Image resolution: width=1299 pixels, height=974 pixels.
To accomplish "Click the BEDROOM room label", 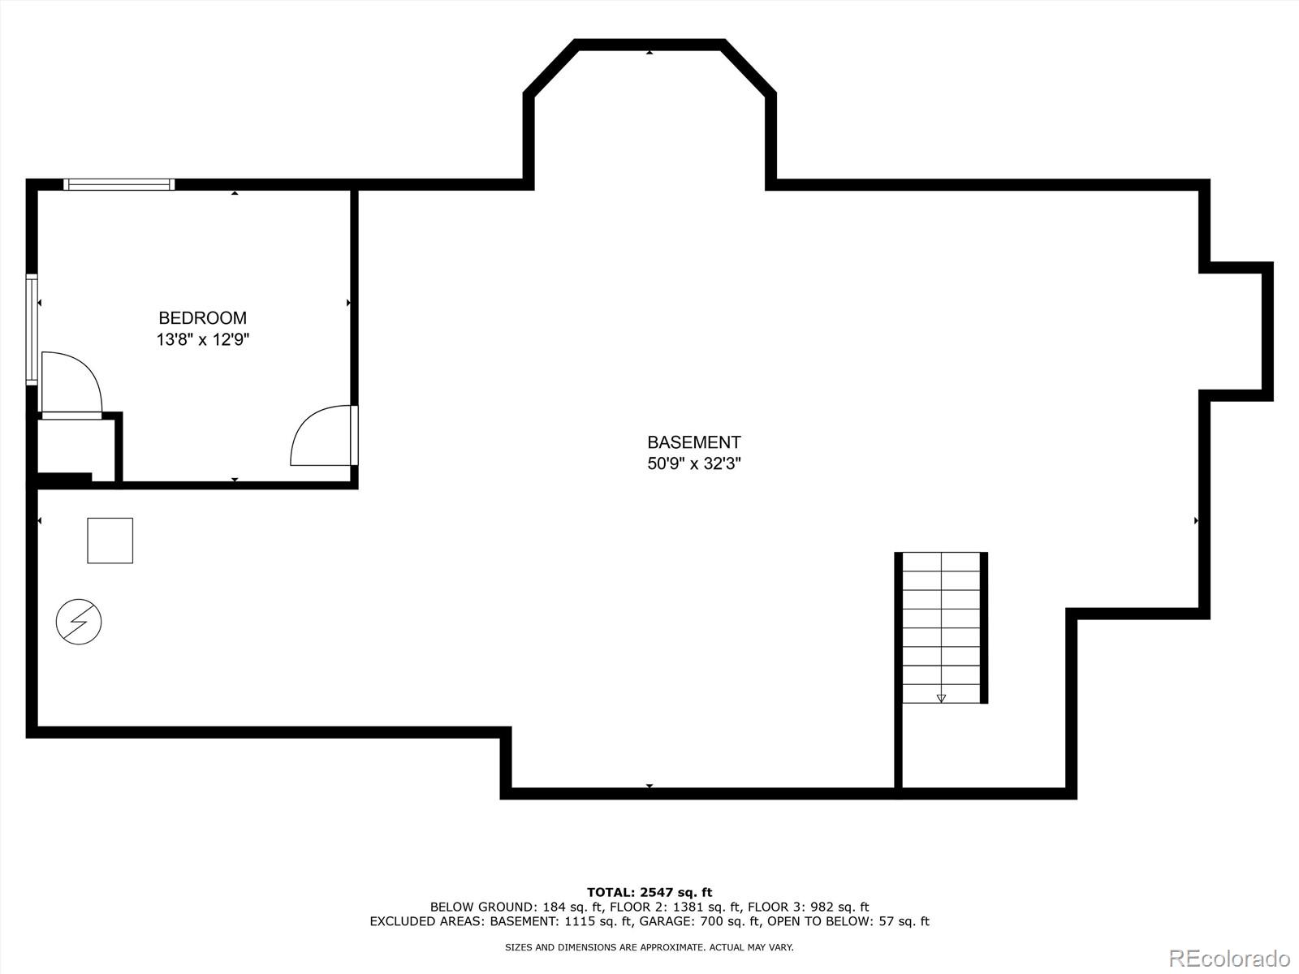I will click(202, 318).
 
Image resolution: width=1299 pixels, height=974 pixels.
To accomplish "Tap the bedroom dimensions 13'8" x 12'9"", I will click(202, 339).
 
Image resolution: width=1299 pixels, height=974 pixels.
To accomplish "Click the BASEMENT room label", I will click(693, 442).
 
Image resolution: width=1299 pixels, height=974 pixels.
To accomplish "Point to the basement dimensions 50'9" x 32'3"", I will click(693, 463).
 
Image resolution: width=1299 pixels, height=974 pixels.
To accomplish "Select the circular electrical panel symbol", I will click(79, 623).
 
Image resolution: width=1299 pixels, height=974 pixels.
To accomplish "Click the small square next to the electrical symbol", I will click(110, 541).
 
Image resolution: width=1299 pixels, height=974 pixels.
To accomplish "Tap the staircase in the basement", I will click(941, 627).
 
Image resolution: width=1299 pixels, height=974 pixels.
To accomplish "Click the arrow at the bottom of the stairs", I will click(941, 697).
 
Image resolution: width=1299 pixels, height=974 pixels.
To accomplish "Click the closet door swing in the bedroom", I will click(71, 383).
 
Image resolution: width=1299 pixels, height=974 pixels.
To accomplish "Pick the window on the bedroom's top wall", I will click(119, 184).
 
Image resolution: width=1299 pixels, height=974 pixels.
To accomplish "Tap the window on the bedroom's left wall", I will click(32, 329).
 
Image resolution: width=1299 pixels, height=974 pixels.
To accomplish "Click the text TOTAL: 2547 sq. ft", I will click(649, 892).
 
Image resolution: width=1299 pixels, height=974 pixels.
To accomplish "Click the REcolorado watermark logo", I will click(1228, 958).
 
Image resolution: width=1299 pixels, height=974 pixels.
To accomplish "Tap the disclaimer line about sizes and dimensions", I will click(649, 947).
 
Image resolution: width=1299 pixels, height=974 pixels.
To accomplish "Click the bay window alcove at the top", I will click(649, 114).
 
